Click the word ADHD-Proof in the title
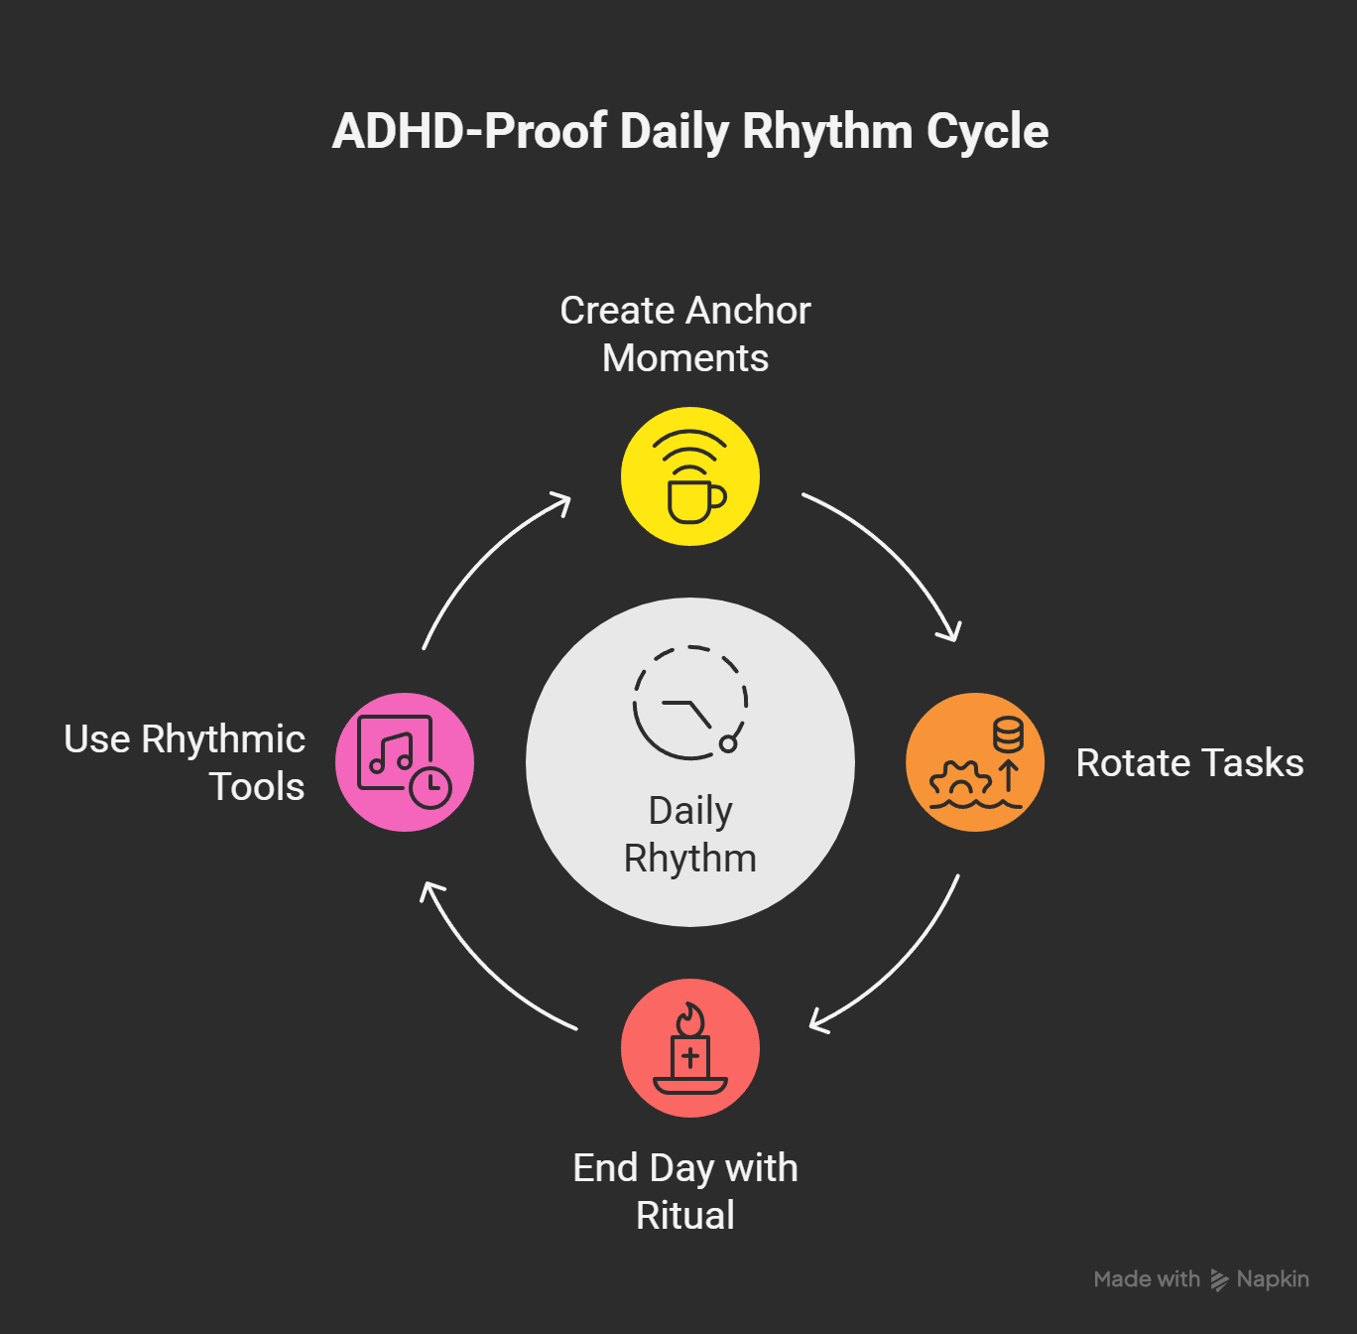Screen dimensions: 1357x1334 (x=469, y=132)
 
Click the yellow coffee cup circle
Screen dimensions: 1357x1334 (x=690, y=476)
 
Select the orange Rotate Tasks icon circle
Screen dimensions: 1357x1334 (x=975, y=762)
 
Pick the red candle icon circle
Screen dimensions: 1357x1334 (x=690, y=1048)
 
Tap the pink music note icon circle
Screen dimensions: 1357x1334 (x=405, y=762)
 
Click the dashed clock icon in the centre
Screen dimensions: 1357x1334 (x=690, y=703)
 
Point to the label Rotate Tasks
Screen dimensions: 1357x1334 (x=1189, y=763)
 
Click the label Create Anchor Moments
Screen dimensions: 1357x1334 (x=685, y=334)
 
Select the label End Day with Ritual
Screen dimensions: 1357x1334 (x=685, y=1191)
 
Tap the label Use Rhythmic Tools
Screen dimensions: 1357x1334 (x=185, y=762)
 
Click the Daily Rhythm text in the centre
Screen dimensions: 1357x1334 (x=690, y=834)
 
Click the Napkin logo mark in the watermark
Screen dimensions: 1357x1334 (x=1219, y=1280)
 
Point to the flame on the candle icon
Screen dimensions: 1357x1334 (x=690, y=1019)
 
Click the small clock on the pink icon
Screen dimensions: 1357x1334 (x=431, y=788)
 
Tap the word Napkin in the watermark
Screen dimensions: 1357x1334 (x=1273, y=1279)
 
